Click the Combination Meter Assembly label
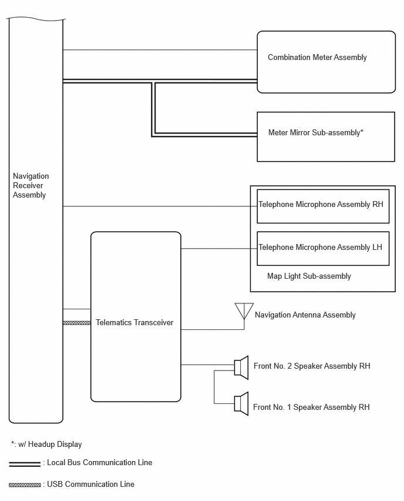[x=317, y=58]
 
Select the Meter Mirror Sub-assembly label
[x=314, y=132]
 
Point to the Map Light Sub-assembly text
[x=309, y=276]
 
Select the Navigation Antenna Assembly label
[x=305, y=315]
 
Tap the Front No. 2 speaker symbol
[x=241, y=368]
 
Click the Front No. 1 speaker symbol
[x=241, y=403]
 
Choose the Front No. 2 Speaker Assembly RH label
[x=312, y=366]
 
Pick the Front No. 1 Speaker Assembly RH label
[x=311, y=408]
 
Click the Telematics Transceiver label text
[x=134, y=323]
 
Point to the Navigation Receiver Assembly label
[x=31, y=186]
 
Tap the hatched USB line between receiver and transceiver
[x=77, y=323]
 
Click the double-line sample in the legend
[x=25, y=465]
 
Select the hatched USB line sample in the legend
[x=25, y=485]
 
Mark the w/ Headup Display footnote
[x=46, y=445]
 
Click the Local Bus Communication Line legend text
[x=100, y=463]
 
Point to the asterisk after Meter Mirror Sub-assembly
[x=362, y=131]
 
